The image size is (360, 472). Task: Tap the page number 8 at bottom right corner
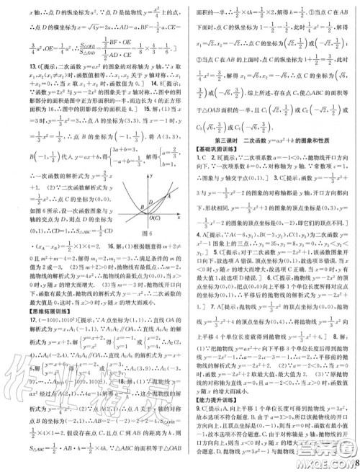pyautogui.click(x=354, y=462)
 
